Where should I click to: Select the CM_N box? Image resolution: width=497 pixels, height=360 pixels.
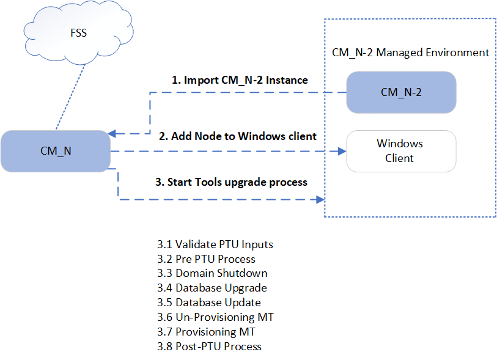tap(55, 150)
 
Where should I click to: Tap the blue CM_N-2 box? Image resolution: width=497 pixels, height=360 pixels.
tap(401, 92)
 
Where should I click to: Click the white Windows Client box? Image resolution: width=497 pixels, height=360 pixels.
tap(400, 151)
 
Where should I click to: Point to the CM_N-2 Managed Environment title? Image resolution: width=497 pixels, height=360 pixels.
tap(410, 53)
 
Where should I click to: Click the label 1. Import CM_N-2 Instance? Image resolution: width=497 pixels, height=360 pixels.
tap(239, 80)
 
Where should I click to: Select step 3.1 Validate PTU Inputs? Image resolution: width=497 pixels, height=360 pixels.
tap(215, 244)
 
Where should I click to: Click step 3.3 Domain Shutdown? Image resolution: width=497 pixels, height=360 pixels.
tap(212, 273)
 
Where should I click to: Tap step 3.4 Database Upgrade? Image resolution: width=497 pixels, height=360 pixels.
tap(212, 288)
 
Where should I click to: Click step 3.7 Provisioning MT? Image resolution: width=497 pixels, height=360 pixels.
tap(206, 332)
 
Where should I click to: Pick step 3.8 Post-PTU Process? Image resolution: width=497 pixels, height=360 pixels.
tap(209, 347)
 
